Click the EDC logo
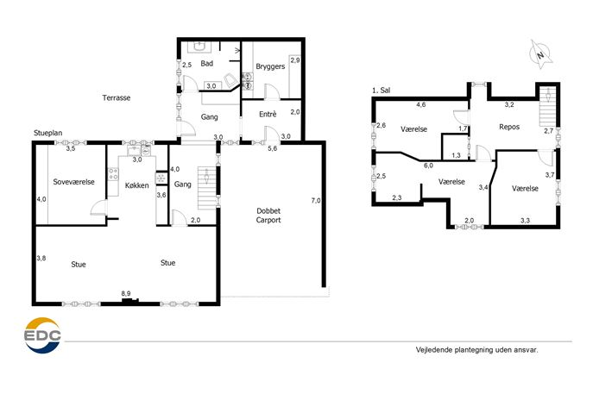[42, 335]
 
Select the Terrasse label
[117, 97]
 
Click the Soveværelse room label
[73, 182]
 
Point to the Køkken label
[137, 185]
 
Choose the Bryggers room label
[270, 66]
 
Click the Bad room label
[207, 64]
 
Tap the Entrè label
[268, 114]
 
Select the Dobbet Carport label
[268, 216]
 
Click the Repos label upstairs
[509, 127]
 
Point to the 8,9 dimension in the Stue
[126, 293]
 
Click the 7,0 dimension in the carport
[316, 201]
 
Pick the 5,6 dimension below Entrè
[272, 148]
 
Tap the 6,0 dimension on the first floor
[428, 165]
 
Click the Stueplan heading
[48, 133]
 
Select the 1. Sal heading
[382, 91]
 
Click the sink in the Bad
[199, 47]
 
